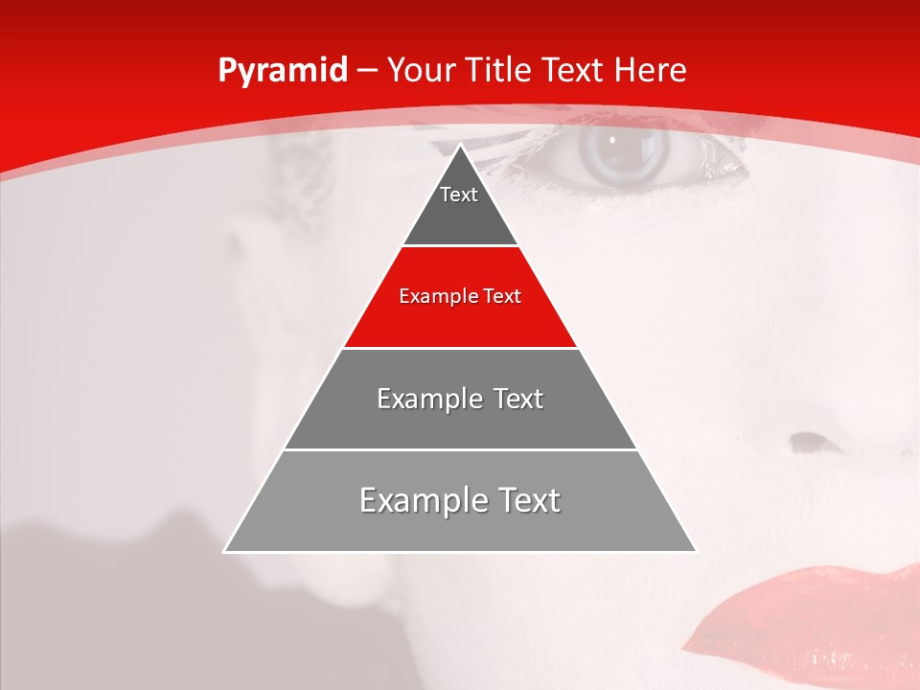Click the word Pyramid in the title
click(283, 70)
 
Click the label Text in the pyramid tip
click(459, 195)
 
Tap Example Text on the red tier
click(460, 296)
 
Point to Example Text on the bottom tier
click(460, 500)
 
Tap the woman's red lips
click(815, 613)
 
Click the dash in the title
click(367, 70)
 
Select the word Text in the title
click(573, 70)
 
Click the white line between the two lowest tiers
click(460, 449)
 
